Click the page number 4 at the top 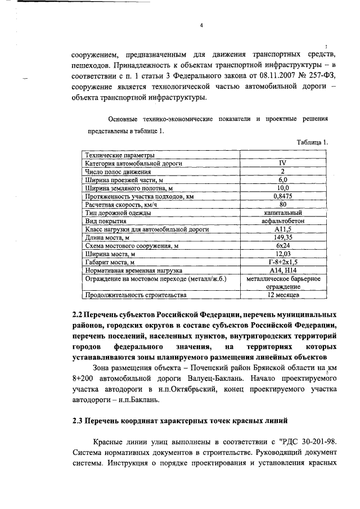coord(200,25)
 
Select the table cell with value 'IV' coord(283,163)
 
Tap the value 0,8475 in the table coord(283,196)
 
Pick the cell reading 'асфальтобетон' coord(283,222)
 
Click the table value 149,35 coord(283,238)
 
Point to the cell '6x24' coord(283,246)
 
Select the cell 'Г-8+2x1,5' coord(283,263)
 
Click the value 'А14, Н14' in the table coord(283,271)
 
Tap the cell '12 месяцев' coord(283,295)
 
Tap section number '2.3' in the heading coord(79,420)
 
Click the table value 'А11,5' coord(283,229)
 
